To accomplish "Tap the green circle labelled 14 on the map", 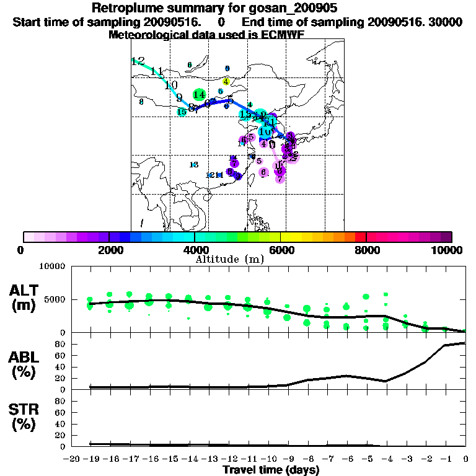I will point(199,95).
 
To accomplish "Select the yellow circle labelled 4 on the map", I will point(226,81).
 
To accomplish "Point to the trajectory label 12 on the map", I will point(138,61).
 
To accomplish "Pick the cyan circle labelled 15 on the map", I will point(182,112).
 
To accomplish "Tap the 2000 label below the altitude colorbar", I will point(108,250).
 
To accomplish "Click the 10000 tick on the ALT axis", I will point(52,267).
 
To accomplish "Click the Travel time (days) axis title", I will point(271,470).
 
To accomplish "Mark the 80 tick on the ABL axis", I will point(61,343).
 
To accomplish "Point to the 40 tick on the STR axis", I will point(61,424).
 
